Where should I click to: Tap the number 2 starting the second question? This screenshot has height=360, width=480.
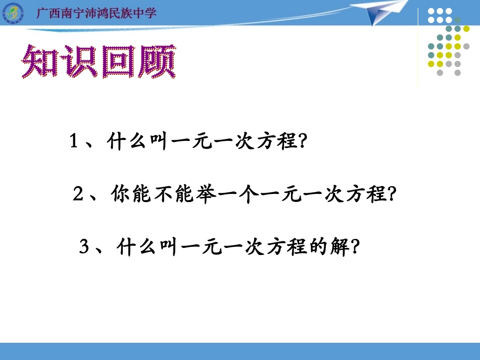(x=77, y=194)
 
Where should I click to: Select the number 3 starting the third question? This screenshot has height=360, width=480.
(x=84, y=247)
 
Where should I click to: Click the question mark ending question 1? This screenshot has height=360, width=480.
(x=302, y=142)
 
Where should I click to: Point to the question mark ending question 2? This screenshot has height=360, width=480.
(x=389, y=194)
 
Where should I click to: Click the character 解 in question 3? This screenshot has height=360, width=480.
(x=339, y=247)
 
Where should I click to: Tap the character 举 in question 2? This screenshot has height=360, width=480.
(x=206, y=194)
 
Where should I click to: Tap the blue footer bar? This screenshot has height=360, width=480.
(x=240, y=351)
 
